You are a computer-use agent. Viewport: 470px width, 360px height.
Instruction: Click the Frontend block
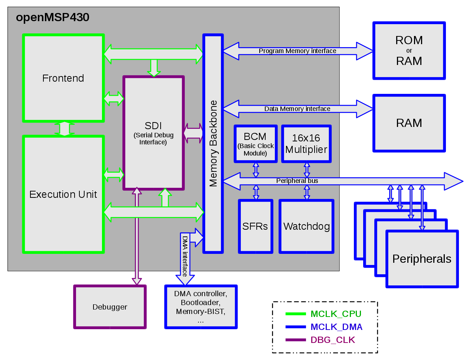(x=63, y=78)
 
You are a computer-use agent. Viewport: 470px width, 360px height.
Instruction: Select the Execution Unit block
(x=63, y=194)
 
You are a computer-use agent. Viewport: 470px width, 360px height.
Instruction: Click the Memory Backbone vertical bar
(x=213, y=143)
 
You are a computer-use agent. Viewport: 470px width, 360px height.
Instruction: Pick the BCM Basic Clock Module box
(x=255, y=144)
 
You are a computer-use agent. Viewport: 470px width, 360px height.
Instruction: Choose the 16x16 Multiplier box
(x=306, y=144)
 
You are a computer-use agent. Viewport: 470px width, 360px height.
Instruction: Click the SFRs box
(x=255, y=226)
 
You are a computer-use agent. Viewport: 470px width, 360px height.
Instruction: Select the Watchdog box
(x=306, y=226)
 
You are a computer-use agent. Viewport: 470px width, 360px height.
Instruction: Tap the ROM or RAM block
(x=409, y=50)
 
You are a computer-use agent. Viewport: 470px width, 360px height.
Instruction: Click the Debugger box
(x=110, y=307)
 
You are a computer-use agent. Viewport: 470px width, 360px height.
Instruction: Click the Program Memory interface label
(x=298, y=51)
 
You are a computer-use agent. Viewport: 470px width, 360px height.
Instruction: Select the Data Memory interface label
(x=297, y=109)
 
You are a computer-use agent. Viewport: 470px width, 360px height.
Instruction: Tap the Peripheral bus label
(x=297, y=181)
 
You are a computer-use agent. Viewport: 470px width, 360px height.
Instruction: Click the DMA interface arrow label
(x=185, y=256)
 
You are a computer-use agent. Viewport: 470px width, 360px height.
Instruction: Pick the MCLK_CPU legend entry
(x=336, y=314)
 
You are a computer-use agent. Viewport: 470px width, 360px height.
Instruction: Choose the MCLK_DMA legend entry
(x=336, y=327)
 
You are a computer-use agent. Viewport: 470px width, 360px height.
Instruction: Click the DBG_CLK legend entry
(x=333, y=340)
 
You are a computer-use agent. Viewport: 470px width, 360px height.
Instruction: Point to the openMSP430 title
(x=53, y=17)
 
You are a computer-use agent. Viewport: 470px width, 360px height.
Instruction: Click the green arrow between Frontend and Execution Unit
(x=65, y=128)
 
